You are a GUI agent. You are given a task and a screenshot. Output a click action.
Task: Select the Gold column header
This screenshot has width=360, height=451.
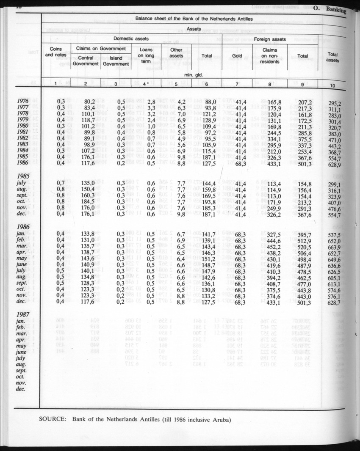(238, 55)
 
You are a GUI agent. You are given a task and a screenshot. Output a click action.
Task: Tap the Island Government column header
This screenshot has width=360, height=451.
(116, 61)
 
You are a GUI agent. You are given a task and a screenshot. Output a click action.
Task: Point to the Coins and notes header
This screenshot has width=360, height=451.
(56, 52)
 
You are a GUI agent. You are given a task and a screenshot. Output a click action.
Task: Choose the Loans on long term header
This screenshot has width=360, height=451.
(146, 55)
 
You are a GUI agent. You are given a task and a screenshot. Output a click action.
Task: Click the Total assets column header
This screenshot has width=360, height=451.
(332, 57)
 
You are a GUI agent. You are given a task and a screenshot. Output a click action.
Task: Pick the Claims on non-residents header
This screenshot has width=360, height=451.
(270, 55)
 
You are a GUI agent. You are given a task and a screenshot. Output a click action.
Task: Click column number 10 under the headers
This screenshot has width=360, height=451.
(332, 85)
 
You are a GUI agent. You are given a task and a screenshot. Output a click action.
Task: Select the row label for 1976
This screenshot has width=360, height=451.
(24, 102)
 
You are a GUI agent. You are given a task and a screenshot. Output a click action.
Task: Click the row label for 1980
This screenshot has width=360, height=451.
(24, 126)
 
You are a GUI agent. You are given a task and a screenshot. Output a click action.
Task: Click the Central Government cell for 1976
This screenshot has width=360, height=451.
(89, 102)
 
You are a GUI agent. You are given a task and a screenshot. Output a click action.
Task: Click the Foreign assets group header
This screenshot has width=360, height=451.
(270, 39)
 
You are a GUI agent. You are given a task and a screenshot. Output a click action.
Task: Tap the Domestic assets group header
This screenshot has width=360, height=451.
(133, 39)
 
